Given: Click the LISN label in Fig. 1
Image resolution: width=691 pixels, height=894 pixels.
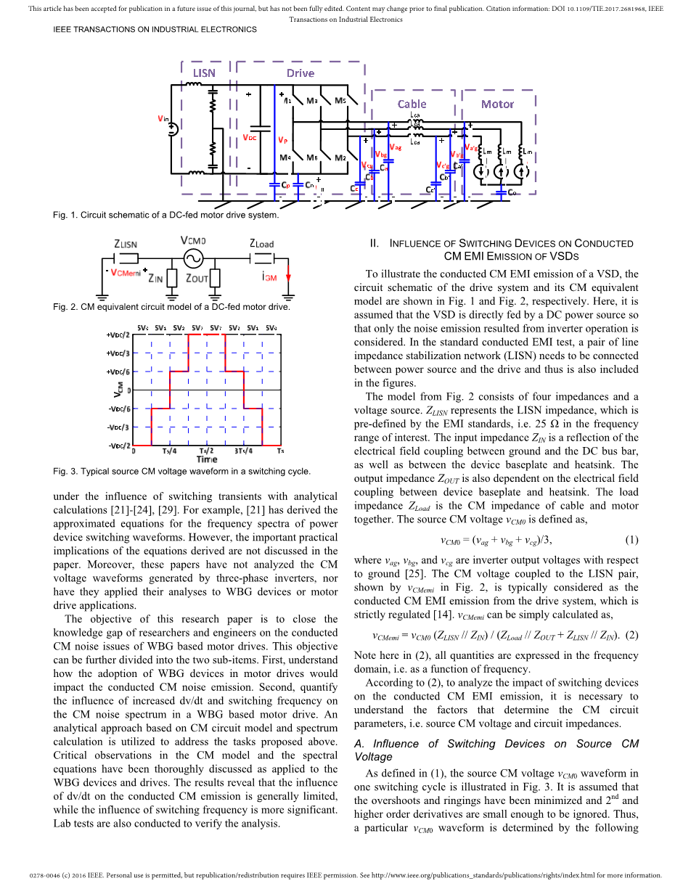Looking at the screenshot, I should click(204, 73).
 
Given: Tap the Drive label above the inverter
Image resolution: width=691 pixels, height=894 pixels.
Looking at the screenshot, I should click(300, 73).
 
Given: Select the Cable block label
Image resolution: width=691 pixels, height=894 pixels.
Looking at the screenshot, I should click(412, 104).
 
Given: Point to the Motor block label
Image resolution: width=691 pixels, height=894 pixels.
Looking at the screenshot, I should click(497, 104).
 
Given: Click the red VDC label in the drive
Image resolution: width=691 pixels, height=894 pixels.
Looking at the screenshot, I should click(249, 138).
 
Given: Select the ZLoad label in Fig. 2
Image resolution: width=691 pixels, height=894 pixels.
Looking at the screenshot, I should click(261, 244).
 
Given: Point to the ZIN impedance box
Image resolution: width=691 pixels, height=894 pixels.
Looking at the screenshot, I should click(172, 278).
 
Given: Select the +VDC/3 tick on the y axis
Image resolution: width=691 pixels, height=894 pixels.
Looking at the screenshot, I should click(118, 353).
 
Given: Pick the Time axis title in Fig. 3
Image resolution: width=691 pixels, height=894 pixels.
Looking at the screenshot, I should click(207, 459).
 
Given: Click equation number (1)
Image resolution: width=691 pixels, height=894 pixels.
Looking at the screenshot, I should click(631, 540).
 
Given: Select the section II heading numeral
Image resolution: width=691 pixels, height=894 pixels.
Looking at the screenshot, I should click(374, 243).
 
